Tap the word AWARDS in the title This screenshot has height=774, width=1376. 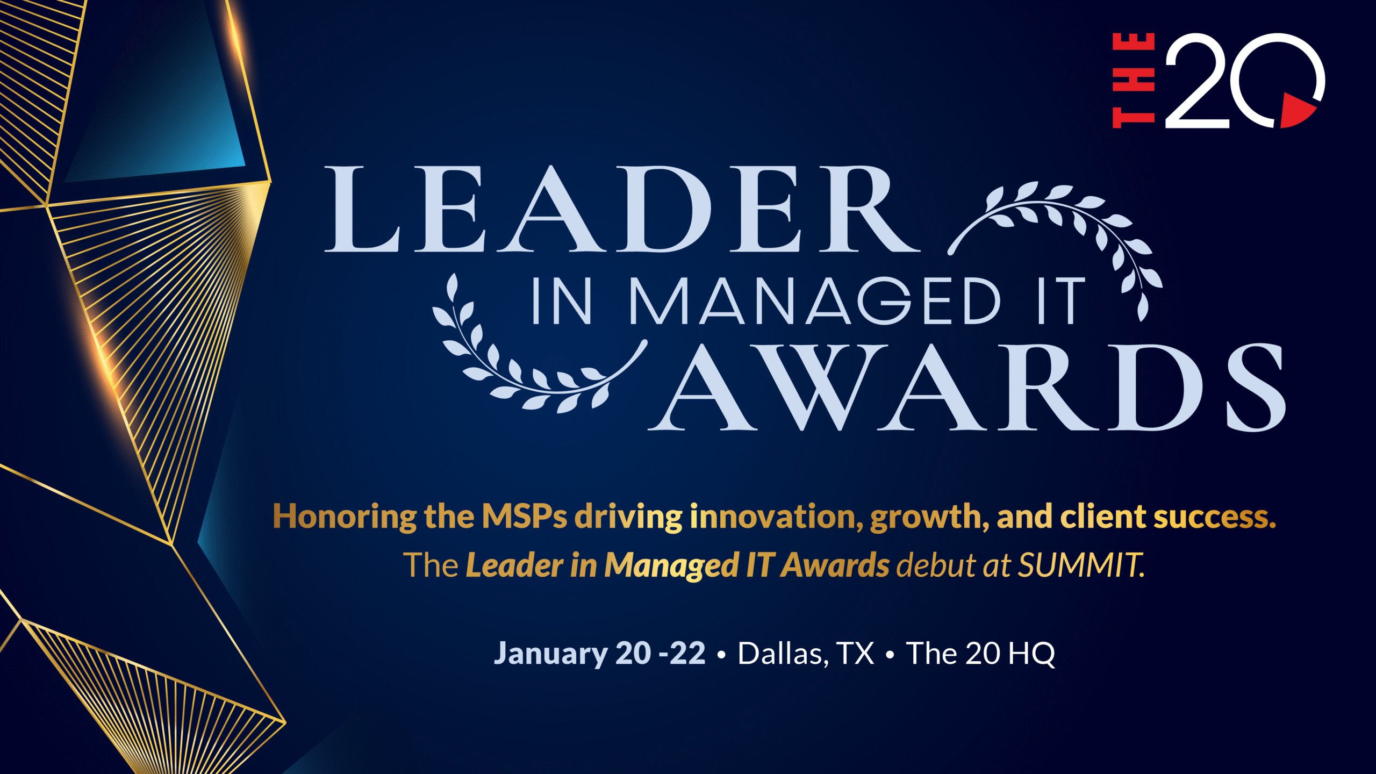(x=967, y=387)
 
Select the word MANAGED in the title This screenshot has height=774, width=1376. (x=815, y=301)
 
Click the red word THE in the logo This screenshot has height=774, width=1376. (x=1134, y=80)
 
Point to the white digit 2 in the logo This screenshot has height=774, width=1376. (x=1197, y=81)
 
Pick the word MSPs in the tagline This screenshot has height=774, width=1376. (x=524, y=517)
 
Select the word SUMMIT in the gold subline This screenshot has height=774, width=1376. (x=1081, y=565)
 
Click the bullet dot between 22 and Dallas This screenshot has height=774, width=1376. (x=721, y=655)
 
